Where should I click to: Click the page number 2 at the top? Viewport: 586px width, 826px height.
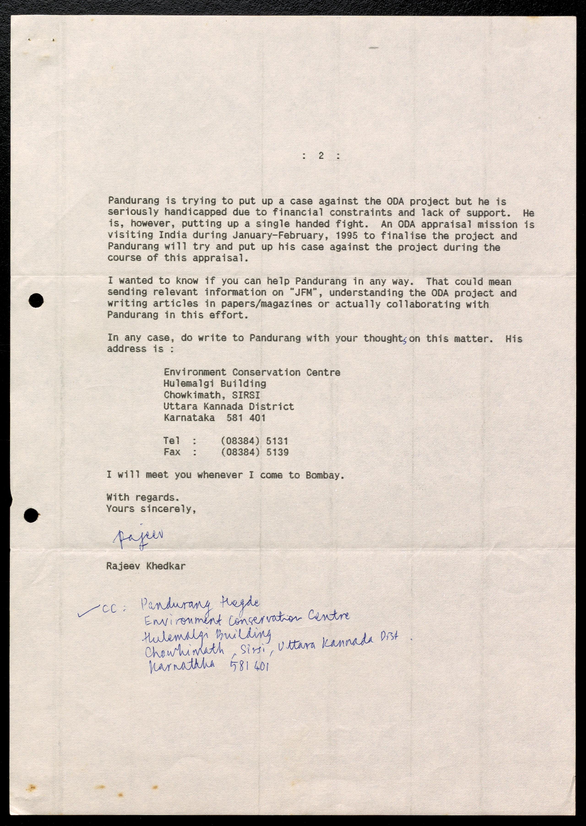(x=321, y=156)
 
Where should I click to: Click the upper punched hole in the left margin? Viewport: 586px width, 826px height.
(x=36, y=300)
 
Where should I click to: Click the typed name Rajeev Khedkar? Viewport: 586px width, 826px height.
(x=146, y=566)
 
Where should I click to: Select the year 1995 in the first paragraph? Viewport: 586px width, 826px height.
(x=346, y=236)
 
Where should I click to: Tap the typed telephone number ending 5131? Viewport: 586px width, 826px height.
(x=254, y=441)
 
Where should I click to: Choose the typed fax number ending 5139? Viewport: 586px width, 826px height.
(x=254, y=452)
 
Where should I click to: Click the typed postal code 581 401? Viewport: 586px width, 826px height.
(x=246, y=418)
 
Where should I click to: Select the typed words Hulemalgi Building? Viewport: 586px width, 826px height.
(x=215, y=383)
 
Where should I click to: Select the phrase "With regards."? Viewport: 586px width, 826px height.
(x=143, y=498)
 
